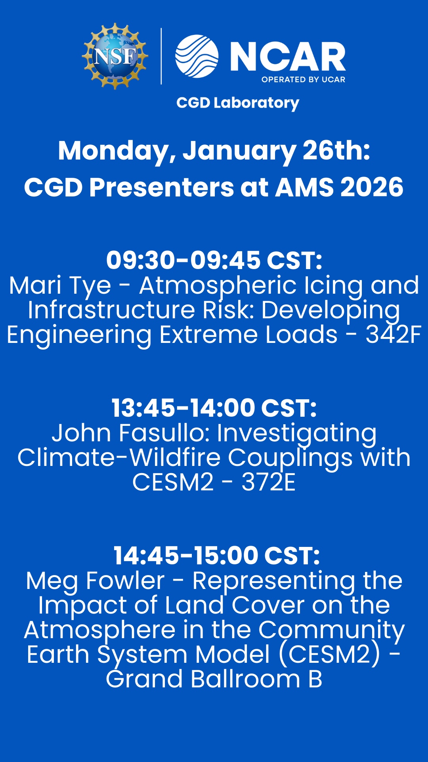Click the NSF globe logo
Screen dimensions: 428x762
pos(115,56)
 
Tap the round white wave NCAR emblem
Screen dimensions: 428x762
pos(197,56)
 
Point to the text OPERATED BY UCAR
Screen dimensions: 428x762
pos(303,79)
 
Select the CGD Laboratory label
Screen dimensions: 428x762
pos(238,103)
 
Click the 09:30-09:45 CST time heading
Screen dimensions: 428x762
pos(214,260)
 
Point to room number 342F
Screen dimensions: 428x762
pos(393,335)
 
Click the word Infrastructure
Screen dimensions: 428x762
pos(111,310)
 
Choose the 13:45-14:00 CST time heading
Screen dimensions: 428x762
pos(214,408)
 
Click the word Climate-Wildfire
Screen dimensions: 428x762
pos(119,458)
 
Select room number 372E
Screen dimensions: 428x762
pos(269,482)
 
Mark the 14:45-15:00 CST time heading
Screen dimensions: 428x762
pos(216,556)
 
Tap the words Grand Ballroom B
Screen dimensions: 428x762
pos(214,679)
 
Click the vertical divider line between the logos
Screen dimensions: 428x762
pos(161,56)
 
